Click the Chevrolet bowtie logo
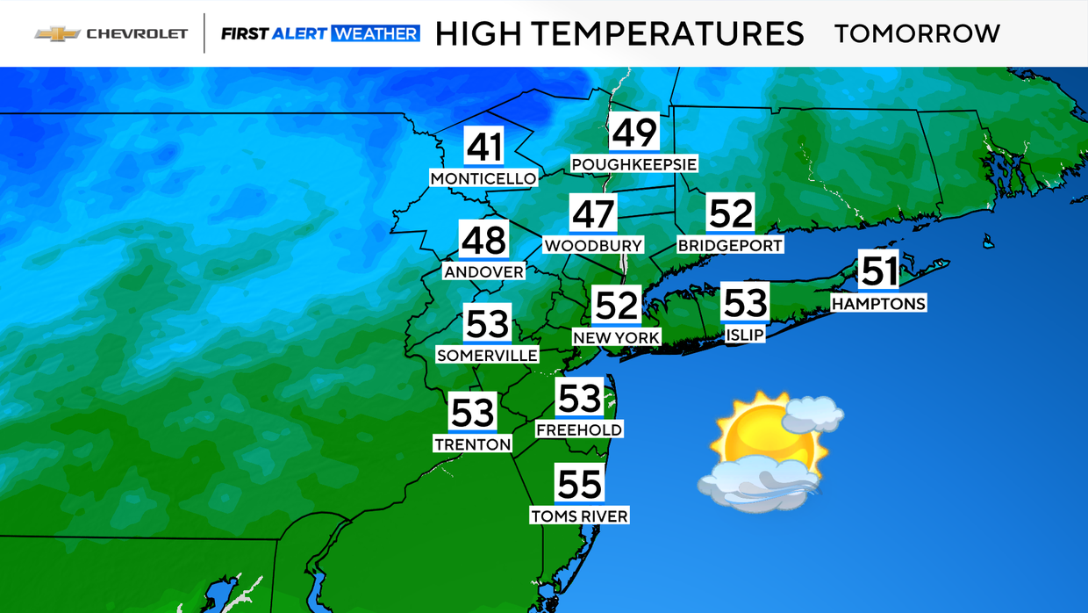tap(56, 33)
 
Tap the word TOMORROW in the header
tap(917, 33)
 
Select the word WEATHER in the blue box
tap(376, 33)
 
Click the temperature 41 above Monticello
tap(483, 148)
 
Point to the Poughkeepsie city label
tap(633, 164)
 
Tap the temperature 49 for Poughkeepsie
tap(634, 133)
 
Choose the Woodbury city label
tap(593, 246)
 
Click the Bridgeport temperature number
tap(731, 213)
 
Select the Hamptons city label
tap(878, 303)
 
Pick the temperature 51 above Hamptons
tap(879, 271)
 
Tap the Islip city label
tap(745, 335)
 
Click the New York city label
tap(616, 337)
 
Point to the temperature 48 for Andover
tap(483, 240)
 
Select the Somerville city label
tap(487, 355)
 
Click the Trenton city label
tap(472, 444)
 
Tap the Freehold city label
tap(579, 429)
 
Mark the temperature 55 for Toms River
tap(579, 484)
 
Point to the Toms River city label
tap(579, 516)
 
